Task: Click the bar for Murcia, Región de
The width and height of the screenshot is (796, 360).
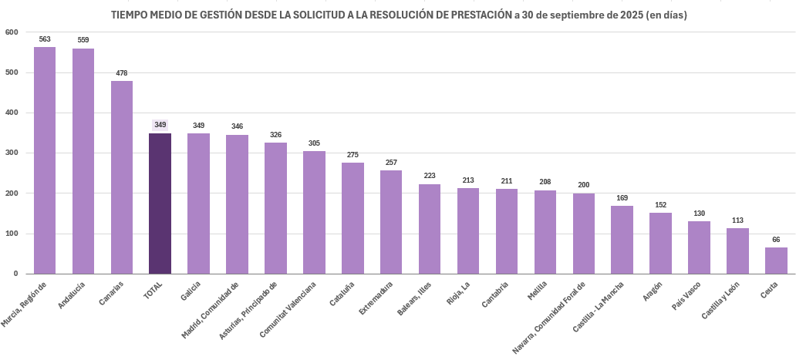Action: [x=45, y=160]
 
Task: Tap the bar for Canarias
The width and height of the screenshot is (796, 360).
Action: [x=122, y=177]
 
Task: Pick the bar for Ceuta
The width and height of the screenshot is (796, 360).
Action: [x=776, y=261]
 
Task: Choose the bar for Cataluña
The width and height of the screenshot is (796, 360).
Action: [x=352, y=218]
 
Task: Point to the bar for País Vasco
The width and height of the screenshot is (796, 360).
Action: [x=699, y=247]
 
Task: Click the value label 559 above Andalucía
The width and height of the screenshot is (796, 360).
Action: [x=83, y=39]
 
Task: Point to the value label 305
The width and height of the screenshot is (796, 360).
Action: [x=314, y=143]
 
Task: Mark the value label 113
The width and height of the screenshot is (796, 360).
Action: [x=737, y=220]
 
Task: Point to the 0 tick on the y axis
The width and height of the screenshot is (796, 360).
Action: [x=16, y=274]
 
